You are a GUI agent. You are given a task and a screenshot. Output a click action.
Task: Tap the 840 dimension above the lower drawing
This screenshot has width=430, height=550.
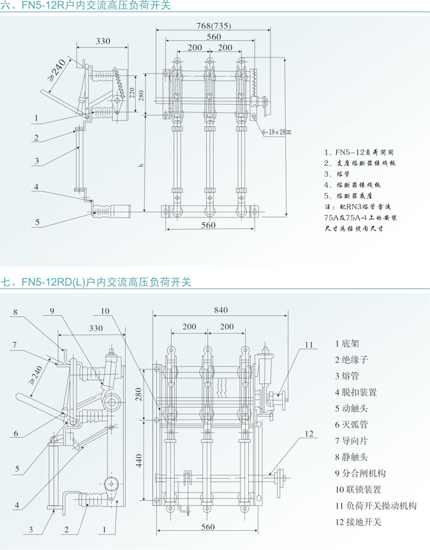(x=221, y=310)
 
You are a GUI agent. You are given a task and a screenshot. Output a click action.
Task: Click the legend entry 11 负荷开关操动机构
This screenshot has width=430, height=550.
(x=375, y=506)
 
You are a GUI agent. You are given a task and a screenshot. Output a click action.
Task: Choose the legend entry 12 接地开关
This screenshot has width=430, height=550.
(x=358, y=523)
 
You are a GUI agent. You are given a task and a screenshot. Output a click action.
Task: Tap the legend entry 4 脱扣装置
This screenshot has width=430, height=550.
(x=356, y=392)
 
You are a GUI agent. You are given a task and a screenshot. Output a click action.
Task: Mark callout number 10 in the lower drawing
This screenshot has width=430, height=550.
(x=105, y=311)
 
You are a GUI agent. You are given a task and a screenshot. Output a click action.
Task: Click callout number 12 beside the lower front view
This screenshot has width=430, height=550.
(x=309, y=434)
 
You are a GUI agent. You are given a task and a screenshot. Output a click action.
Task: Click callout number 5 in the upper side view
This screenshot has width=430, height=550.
(x=37, y=222)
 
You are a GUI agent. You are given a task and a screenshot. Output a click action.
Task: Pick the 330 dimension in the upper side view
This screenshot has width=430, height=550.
(x=103, y=41)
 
